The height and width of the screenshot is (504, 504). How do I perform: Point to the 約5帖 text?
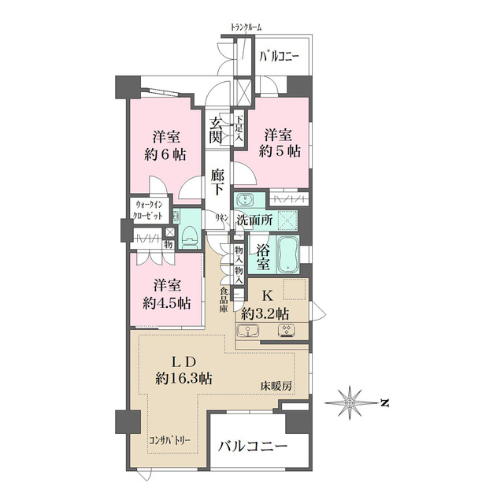(281, 152)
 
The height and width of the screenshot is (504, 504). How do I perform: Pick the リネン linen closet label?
(222, 217)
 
